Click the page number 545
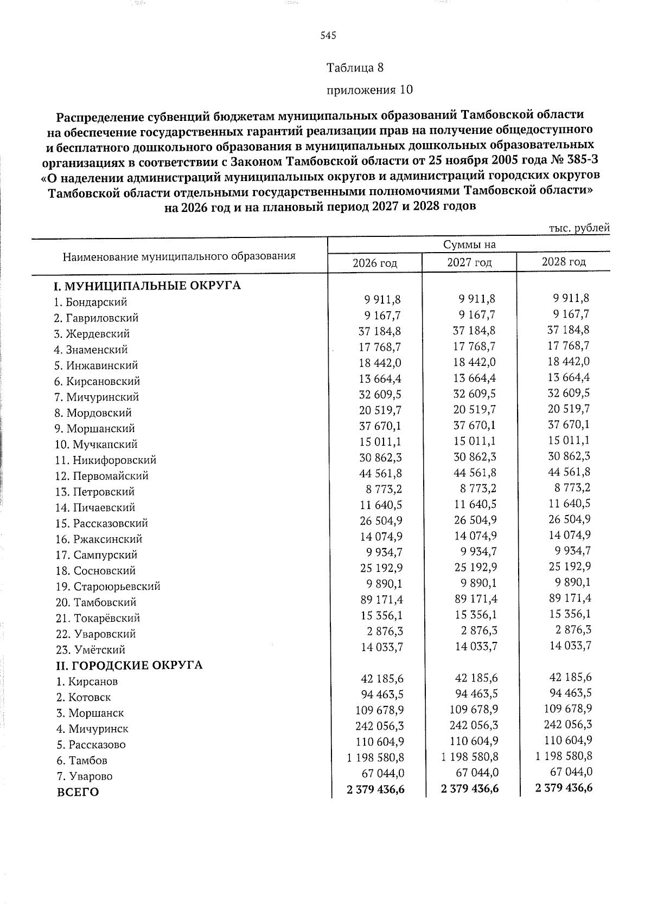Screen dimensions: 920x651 (328, 36)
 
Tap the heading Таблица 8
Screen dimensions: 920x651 (355, 68)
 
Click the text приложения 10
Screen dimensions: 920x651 (369, 89)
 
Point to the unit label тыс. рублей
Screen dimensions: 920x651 (579, 228)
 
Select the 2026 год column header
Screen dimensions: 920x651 (375, 263)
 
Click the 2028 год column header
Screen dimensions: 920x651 (564, 262)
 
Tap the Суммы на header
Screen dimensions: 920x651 (469, 245)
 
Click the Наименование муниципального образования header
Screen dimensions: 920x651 (179, 256)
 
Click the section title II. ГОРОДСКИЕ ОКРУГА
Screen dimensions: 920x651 (130, 665)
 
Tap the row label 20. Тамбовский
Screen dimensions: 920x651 (96, 602)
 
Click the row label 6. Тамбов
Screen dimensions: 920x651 (82, 760)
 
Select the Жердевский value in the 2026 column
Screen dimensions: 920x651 (380, 331)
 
